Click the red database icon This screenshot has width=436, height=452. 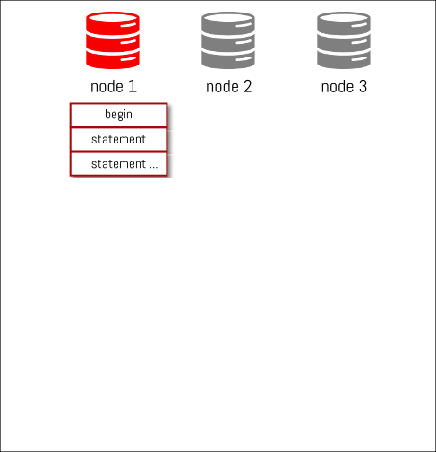(x=113, y=40)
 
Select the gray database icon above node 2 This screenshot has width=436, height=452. (x=228, y=40)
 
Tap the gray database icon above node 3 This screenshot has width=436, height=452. (x=344, y=40)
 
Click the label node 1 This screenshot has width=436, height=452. (x=114, y=87)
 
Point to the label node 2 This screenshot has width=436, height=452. (x=229, y=87)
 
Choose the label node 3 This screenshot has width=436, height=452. (x=344, y=87)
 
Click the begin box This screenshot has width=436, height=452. (x=118, y=115)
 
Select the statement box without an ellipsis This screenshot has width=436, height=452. (x=118, y=140)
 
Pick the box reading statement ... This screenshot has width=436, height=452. (x=118, y=140)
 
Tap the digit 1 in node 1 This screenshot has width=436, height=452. (x=133, y=86)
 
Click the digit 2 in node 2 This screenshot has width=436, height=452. (x=248, y=86)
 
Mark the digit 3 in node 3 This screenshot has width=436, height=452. (x=363, y=86)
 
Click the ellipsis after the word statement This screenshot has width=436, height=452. (x=154, y=167)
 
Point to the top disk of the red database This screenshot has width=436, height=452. (x=113, y=23)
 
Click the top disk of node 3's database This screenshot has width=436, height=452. (x=344, y=23)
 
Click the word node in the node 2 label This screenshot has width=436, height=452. (x=222, y=87)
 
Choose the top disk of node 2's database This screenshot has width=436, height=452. (x=228, y=23)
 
